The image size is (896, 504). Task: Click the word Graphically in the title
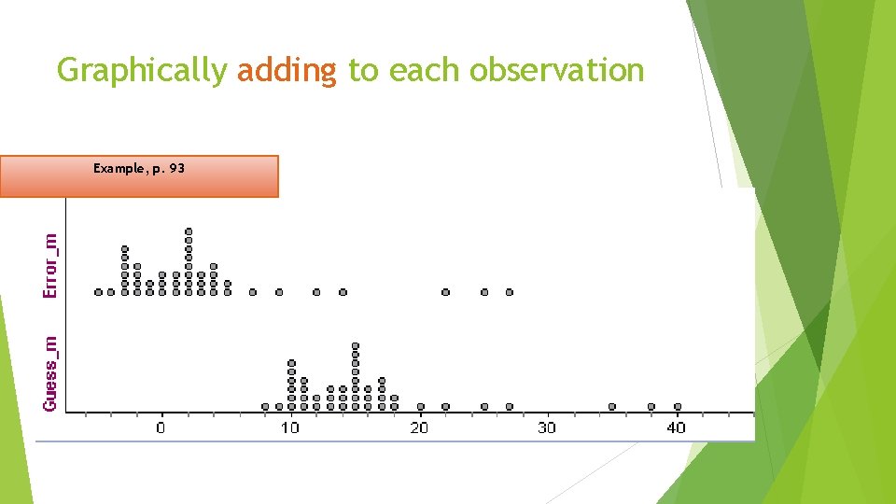[141, 71]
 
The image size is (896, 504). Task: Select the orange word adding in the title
[287, 71]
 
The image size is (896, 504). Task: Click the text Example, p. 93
[139, 169]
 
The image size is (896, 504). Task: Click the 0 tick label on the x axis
[161, 427]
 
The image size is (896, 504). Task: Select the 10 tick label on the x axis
[289, 427]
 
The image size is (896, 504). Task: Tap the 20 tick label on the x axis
[418, 427]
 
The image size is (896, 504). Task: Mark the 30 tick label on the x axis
[547, 427]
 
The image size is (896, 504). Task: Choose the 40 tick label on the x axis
[676, 427]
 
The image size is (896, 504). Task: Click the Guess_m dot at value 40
[678, 406]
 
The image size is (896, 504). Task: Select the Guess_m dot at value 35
[612, 406]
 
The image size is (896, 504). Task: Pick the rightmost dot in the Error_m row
[510, 292]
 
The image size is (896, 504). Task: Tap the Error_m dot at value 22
[445, 292]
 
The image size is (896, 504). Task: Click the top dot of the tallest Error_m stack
[189, 231]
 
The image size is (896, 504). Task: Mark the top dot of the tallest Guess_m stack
[356, 346]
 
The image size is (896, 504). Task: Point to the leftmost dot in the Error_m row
[99, 292]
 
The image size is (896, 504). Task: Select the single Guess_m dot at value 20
[420, 406]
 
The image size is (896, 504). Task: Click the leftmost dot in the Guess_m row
[265, 406]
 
